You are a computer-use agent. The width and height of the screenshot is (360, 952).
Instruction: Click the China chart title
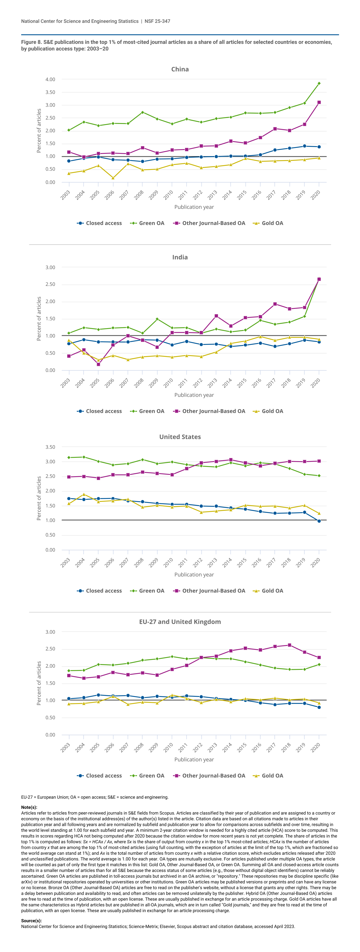(x=180, y=69)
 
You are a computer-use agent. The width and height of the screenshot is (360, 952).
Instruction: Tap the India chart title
(x=180, y=257)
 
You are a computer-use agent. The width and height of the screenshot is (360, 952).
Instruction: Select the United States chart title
(x=180, y=437)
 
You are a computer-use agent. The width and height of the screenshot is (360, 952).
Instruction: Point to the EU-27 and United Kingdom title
(x=180, y=622)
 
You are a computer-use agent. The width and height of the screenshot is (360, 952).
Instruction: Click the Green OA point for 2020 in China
(x=319, y=83)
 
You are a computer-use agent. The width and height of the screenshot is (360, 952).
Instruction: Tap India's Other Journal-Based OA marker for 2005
(x=98, y=364)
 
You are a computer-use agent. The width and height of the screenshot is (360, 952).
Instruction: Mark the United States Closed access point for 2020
(x=319, y=521)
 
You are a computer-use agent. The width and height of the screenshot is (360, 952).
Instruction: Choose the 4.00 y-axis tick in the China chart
(x=50, y=79)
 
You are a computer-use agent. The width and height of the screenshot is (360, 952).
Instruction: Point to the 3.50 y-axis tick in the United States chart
(x=50, y=447)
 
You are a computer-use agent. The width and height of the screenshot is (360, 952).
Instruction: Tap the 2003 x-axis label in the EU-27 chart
(x=65, y=748)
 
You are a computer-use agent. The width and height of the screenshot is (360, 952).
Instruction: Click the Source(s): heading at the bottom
(x=31, y=921)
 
